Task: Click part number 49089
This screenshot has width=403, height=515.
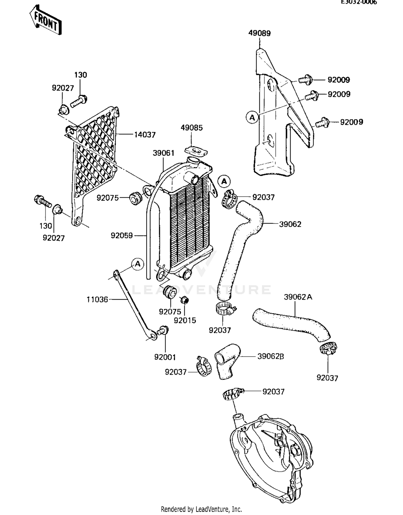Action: coord(259,33)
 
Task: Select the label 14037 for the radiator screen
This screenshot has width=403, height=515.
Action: coord(145,135)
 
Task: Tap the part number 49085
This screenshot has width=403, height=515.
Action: coord(192,128)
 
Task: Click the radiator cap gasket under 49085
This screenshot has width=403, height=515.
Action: coord(196,151)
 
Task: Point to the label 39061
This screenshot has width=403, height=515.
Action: coord(163,153)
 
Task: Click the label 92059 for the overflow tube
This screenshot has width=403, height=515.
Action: coord(122,235)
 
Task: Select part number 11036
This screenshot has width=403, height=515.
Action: coord(97,299)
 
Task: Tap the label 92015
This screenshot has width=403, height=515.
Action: coord(185,320)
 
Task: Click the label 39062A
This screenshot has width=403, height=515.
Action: coord(298,297)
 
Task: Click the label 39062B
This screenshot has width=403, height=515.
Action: coord(271,356)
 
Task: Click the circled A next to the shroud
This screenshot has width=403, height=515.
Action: coord(252,117)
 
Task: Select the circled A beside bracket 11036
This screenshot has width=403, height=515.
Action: coord(138,264)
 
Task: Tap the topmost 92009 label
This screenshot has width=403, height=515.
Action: coord(339,80)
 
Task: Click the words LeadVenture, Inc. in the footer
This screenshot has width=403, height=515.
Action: coord(218,509)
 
